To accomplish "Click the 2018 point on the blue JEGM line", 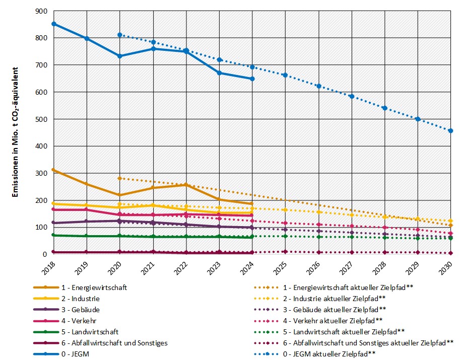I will pos(53,24).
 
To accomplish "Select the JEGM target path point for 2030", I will pos(450,130).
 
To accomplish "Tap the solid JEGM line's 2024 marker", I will pos(252,79).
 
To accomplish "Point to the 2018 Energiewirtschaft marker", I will pos(53,170).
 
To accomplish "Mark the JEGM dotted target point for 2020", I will pos(120,35).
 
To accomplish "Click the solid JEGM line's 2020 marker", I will pos(120,56).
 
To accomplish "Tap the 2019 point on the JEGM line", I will pos(87,38).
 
